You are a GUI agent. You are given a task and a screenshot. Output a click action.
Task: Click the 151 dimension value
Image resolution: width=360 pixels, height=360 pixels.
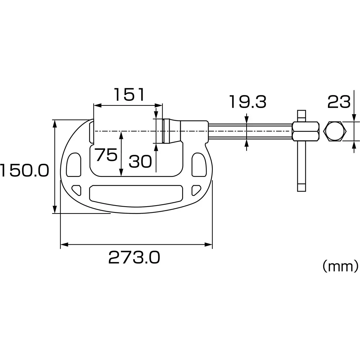click(x=129, y=95)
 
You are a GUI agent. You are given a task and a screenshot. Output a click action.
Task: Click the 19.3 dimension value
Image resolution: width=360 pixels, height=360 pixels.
click(x=248, y=102)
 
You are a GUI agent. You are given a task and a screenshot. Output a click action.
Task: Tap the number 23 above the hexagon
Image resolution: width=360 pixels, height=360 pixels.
click(x=338, y=102)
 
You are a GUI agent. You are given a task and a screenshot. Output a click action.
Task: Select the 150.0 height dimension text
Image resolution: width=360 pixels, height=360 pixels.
click(x=24, y=171)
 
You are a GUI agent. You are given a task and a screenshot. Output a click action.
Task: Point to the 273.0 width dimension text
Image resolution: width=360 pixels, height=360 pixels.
click(x=134, y=258)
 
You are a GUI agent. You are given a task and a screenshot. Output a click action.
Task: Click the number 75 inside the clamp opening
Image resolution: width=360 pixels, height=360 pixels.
click(x=106, y=155)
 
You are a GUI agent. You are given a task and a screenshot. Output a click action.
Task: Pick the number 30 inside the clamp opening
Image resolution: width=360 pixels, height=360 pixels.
click(x=140, y=162)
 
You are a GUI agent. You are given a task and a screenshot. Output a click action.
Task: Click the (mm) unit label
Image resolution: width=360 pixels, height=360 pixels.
click(x=340, y=266)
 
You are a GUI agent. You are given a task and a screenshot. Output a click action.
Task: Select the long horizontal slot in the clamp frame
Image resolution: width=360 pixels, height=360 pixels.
click(x=135, y=194)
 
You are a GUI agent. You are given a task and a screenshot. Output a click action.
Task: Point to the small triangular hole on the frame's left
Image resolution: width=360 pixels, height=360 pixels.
click(x=76, y=189)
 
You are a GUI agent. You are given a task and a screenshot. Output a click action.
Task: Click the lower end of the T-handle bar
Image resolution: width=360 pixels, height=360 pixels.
click(x=301, y=187)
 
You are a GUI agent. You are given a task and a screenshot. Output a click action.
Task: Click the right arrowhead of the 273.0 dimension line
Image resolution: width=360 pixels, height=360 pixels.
click(x=209, y=245)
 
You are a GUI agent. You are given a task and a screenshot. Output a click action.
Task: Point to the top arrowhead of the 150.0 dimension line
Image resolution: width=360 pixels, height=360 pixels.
click(x=55, y=123)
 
